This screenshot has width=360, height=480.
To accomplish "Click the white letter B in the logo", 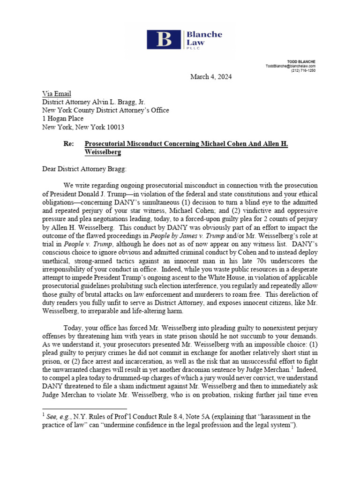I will (164, 39).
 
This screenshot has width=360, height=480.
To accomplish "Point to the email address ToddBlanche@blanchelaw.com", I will (291, 66).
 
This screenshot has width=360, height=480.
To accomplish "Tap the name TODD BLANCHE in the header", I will (301, 61).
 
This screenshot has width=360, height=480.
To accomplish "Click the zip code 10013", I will (115, 127).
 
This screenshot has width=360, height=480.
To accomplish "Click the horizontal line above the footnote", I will (84, 409).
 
